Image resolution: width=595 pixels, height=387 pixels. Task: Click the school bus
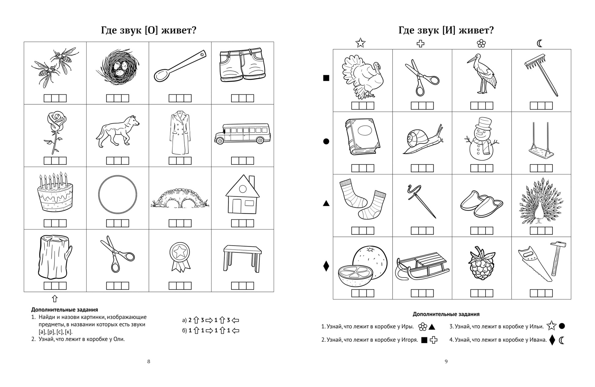click(242, 134)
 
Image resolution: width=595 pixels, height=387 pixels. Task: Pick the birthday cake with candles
click(55, 194)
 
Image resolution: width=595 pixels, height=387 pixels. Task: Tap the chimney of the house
click(252, 180)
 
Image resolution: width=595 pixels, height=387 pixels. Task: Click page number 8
click(149, 361)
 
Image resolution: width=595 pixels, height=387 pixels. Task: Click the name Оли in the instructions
click(119, 339)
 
